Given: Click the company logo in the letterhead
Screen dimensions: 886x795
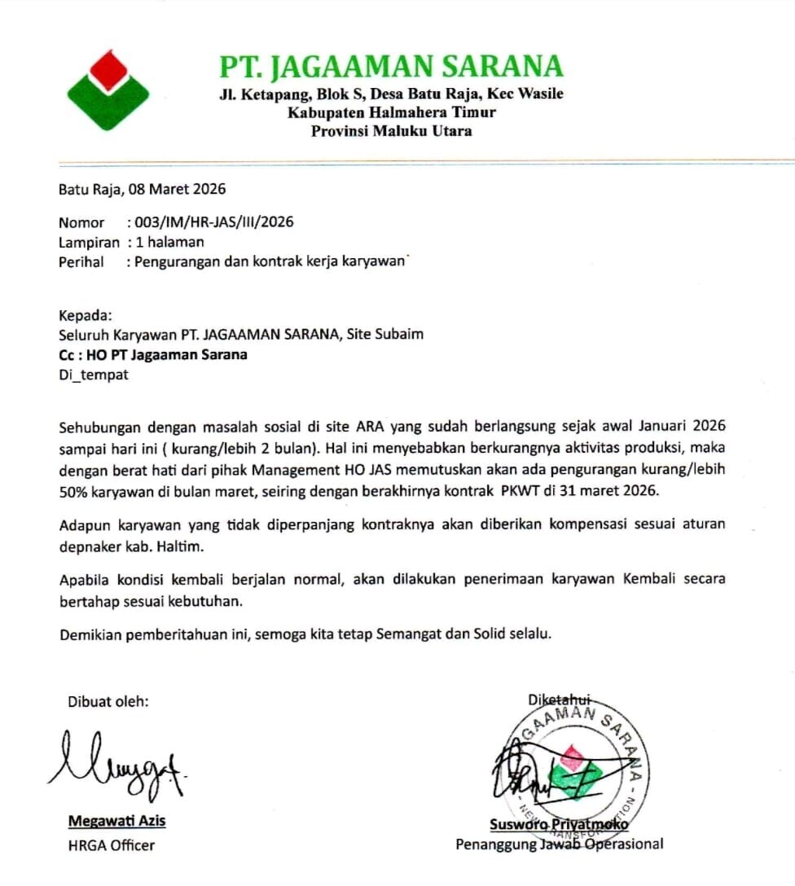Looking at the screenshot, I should click(x=108, y=90).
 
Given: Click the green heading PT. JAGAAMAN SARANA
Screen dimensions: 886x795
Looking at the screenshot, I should click(x=391, y=67).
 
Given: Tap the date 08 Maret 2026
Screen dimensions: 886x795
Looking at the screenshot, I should click(x=174, y=190).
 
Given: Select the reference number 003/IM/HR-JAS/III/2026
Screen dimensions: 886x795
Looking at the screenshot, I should click(x=215, y=221).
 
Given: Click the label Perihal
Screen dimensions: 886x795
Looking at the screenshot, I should click(x=81, y=262).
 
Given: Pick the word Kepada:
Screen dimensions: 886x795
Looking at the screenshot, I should click(x=85, y=315).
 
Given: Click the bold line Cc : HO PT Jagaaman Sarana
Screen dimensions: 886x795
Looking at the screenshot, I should click(x=152, y=355).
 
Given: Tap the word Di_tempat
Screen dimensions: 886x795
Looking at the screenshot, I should click(x=93, y=375).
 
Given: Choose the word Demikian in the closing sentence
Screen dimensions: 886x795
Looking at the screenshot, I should click(x=90, y=634).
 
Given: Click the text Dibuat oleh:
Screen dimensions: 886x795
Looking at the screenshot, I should click(x=108, y=701).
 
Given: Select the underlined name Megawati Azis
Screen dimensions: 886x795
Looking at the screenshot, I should click(x=116, y=820).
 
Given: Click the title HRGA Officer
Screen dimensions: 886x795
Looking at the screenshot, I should click(x=111, y=845).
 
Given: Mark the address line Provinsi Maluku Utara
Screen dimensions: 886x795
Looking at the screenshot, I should click(x=391, y=131).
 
